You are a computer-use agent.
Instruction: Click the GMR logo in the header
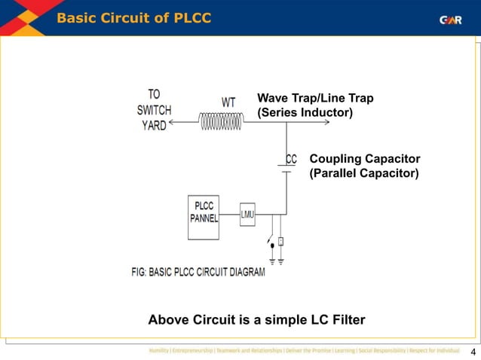[x=451, y=20]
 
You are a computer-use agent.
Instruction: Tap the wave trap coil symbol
[x=222, y=121]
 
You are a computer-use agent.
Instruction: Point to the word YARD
[x=155, y=126]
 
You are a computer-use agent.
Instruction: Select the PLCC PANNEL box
[x=204, y=216]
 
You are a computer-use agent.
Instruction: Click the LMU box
[x=248, y=215]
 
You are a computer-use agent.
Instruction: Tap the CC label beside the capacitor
[x=290, y=160]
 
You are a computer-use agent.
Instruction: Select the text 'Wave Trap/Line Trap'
[x=315, y=98]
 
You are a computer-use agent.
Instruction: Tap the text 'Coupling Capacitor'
[x=364, y=159]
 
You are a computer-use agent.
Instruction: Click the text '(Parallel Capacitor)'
[x=364, y=173]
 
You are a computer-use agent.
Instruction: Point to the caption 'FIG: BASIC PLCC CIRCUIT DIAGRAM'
[x=198, y=272]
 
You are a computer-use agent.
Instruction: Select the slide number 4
[x=473, y=352]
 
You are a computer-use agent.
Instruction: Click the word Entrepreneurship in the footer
[x=201, y=351]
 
